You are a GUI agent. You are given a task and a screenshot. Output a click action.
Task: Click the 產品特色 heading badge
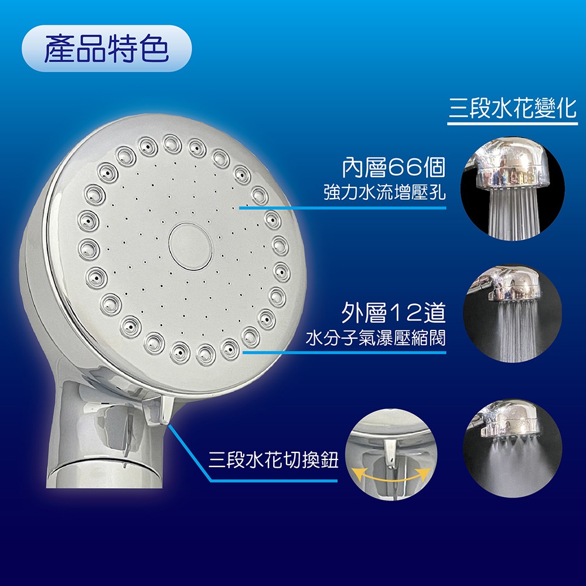(x=106, y=49)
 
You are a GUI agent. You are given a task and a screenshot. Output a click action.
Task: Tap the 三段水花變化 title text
(x=513, y=108)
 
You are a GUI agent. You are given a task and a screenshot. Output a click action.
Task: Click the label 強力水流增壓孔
(x=384, y=193)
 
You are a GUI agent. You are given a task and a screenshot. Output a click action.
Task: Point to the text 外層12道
(x=394, y=314)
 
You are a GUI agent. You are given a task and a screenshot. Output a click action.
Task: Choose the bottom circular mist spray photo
(x=512, y=448)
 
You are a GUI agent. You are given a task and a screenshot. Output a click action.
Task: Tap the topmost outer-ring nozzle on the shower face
(x=172, y=142)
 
